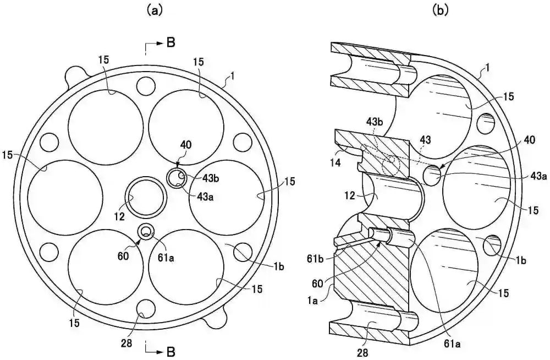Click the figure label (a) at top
click(155, 11)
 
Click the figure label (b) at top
click(441, 11)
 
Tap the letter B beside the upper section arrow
click(171, 43)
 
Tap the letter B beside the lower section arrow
click(171, 351)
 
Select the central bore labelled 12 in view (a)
click(146, 197)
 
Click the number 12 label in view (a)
click(119, 216)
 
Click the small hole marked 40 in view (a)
click(177, 178)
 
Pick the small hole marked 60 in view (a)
click(146, 231)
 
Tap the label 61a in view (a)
click(166, 258)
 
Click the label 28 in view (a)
click(127, 343)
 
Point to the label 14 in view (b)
click(336, 162)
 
